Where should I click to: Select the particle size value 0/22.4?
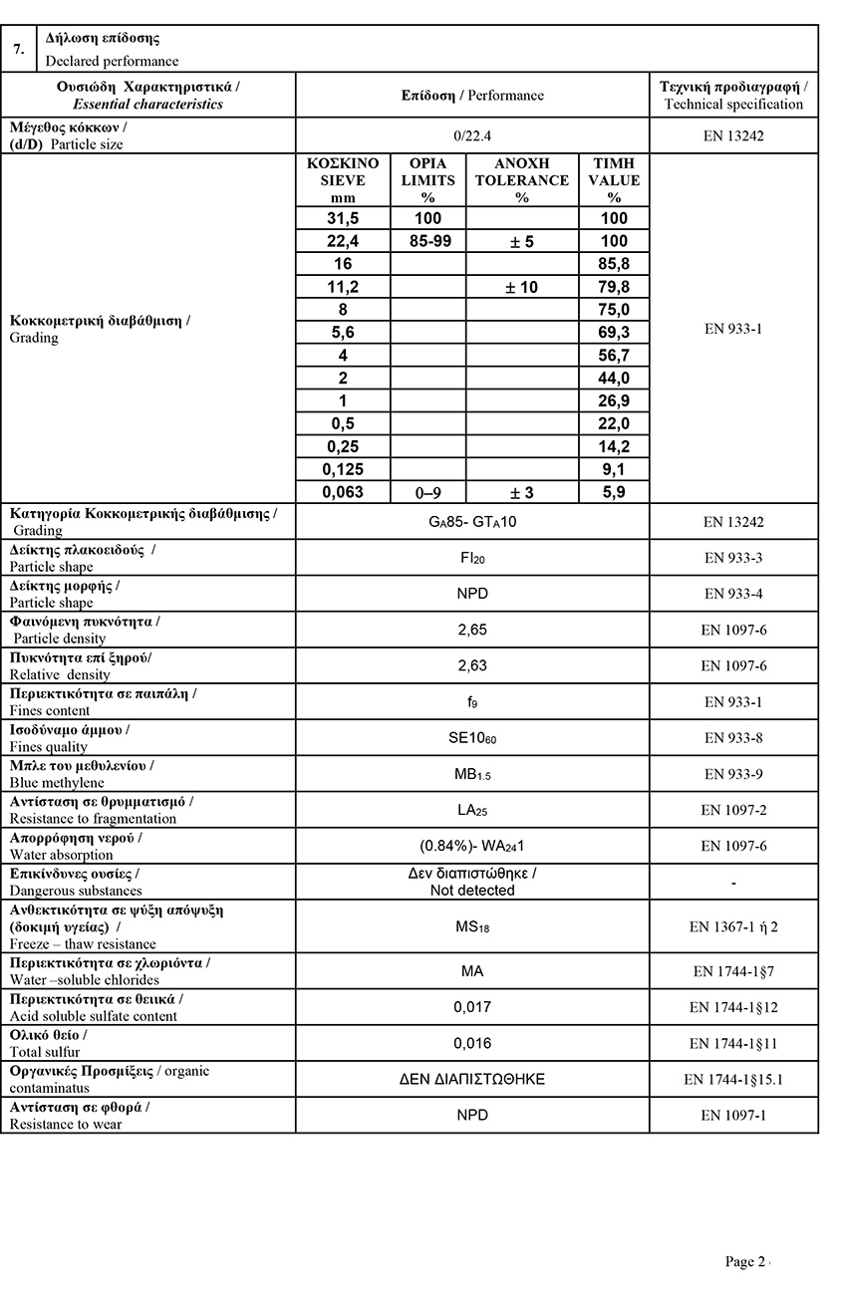[x=471, y=134]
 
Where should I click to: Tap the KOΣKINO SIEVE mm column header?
[x=343, y=179]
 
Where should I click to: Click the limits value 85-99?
[x=427, y=241]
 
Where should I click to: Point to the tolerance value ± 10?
[x=521, y=287]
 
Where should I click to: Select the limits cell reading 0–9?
[x=427, y=492]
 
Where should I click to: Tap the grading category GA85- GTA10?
[x=471, y=522]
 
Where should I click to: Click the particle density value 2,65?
[x=471, y=630]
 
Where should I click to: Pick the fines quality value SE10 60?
[x=471, y=738]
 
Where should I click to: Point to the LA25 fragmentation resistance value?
[x=471, y=810]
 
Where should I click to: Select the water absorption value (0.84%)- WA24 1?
[x=471, y=846]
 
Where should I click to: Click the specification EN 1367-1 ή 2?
[x=733, y=926]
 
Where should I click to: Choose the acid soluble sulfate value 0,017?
[x=471, y=1007]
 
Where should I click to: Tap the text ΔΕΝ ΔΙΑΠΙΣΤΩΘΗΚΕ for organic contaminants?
[x=471, y=1079]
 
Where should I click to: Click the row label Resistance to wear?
[x=66, y=1124]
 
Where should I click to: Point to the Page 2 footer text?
[x=745, y=1262]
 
